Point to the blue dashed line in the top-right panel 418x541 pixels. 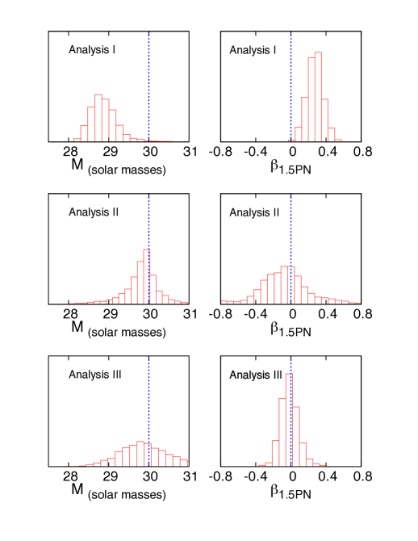click(291, 81)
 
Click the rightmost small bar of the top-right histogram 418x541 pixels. click(338, 140)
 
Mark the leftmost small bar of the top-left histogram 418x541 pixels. click(77, 140)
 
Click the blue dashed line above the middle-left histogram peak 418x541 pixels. click(148, 218)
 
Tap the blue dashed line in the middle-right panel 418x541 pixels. click(291, 226)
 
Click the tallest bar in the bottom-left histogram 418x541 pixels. click(140, 454)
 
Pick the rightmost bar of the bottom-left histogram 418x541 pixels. click(184, 462)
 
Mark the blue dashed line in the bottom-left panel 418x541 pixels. click(148, 396)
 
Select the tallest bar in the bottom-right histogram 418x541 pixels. click(289, 420)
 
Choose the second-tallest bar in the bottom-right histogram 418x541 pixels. click(282, 432)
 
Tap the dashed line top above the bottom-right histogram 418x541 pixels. click(291, 360)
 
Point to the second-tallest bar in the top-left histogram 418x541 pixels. click(106, 120)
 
